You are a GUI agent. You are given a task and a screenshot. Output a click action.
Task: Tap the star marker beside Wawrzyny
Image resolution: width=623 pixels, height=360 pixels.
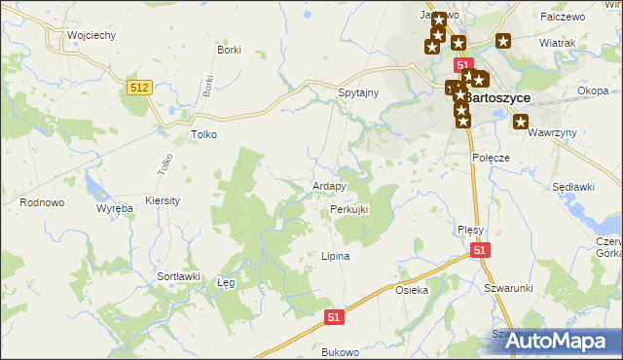[x=521, y=123]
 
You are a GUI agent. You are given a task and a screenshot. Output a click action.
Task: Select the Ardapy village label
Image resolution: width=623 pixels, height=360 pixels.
[x=330, y=186]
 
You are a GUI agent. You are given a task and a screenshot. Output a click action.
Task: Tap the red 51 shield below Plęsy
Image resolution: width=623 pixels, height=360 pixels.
[x=480, y=250]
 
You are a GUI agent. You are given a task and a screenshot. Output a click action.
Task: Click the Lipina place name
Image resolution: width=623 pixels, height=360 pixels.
[x=335, y=256]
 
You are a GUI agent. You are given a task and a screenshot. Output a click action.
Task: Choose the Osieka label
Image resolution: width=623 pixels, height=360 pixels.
[x=412, y=290]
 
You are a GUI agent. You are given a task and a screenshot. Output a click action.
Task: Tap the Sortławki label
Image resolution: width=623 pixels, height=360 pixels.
[x=178, y=276]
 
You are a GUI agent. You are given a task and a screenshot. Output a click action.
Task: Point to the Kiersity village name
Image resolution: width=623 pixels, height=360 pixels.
[x=163, y=199]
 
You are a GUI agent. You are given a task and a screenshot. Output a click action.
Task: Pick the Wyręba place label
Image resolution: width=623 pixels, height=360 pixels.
[x=114, y=209]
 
